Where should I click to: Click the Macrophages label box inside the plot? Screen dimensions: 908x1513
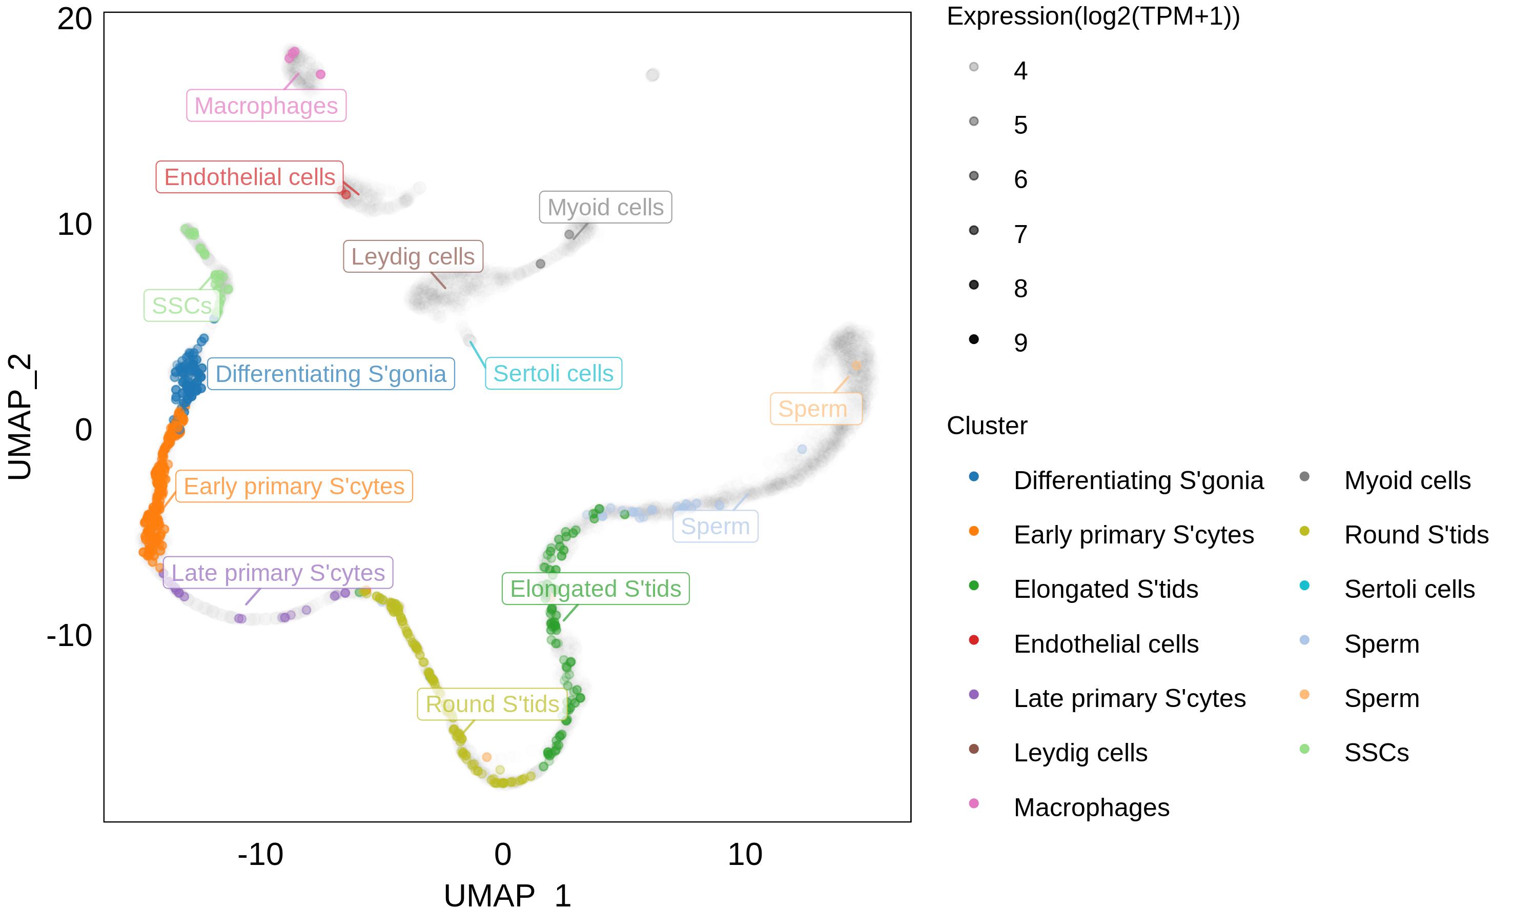(x=266, y=106)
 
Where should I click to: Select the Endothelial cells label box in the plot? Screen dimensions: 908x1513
(x=250, y=177)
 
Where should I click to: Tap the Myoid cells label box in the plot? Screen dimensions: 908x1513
(x=605, y=208)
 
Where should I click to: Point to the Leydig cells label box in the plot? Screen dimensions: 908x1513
(x=413, y=256)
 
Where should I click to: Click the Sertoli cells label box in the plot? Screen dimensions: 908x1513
(x=553, y=373)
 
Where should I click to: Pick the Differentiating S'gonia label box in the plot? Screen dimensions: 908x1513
(x=331, y=374)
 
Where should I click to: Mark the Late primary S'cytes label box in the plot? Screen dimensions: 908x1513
(x=278, y=573)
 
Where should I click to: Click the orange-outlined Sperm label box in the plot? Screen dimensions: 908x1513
(x=815, y=409)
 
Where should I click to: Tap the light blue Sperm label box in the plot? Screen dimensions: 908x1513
(x=715, y=526)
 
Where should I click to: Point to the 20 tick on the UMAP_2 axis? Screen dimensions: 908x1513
(x=75, y=19)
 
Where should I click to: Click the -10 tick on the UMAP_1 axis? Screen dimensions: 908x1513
(x=260, y=855)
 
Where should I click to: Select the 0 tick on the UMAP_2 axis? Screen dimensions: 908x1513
(x=83, y=430)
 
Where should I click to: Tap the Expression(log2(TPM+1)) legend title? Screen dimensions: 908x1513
(x=1093, y=16)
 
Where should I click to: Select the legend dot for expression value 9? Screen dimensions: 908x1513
(x=974, y=339)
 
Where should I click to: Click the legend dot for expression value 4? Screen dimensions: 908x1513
(x=974, y=67)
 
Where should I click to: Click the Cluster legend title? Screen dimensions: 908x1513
(x=987, y=426)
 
